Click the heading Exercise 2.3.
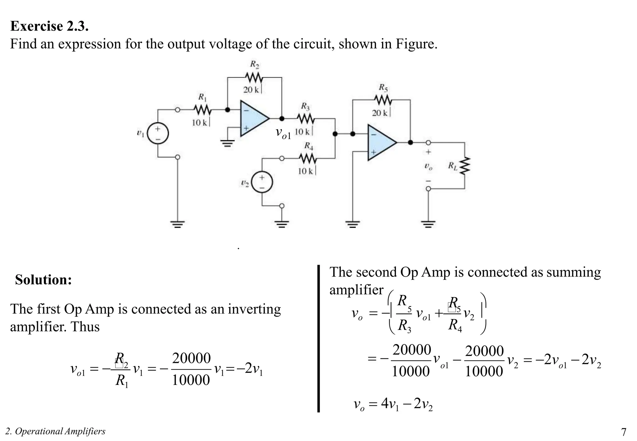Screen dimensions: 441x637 (49, 26)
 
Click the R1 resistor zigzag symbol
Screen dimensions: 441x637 (202, 110)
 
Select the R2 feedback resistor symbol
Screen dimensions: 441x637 (254, 77)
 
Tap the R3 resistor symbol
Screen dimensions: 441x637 (306, 119)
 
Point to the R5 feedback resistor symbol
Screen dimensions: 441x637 (383, 100)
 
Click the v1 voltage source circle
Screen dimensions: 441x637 (158, 134)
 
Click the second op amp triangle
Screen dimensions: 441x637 (380, 143)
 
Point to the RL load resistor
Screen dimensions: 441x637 (464, 167)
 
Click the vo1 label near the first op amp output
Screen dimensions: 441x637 (283, 133)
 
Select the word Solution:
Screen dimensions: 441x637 (44, 280)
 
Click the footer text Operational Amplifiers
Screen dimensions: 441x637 (60, 431)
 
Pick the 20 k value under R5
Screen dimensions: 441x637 (380, 113)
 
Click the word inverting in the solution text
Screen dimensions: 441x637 (254, 309)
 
